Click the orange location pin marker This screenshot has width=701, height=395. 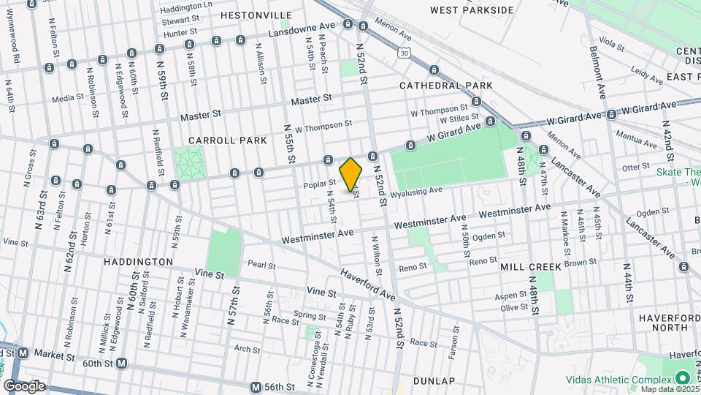coord(351,174)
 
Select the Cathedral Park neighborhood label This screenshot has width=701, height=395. coord(445,86)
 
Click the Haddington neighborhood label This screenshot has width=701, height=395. coord(138,261)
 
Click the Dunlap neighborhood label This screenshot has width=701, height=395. coord(434,381)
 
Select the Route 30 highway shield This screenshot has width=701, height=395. coord(405,52)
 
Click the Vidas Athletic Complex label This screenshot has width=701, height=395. coord(617,380)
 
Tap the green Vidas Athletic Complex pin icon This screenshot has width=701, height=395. coord(683,378)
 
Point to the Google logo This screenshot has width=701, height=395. coord(24,385)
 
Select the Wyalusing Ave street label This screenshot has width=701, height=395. coord(416,192)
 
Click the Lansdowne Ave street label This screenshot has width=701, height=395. coord(301,30)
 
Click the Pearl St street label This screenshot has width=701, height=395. coord(261,265)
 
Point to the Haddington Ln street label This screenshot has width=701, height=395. coord(186,7)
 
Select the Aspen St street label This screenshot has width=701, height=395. coord(511,296)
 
